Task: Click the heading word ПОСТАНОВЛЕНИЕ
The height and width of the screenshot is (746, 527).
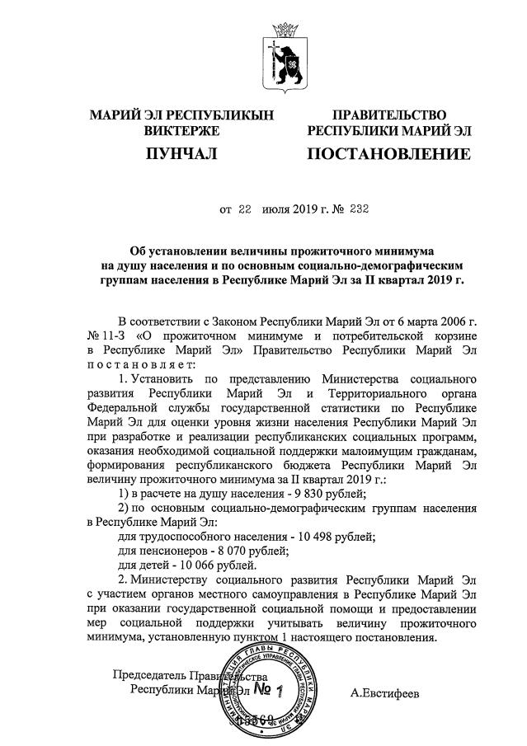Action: pyautogui.click(x=389, y=154)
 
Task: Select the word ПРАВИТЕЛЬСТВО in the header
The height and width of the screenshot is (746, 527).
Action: pyautogui.click(x=388, y=115)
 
